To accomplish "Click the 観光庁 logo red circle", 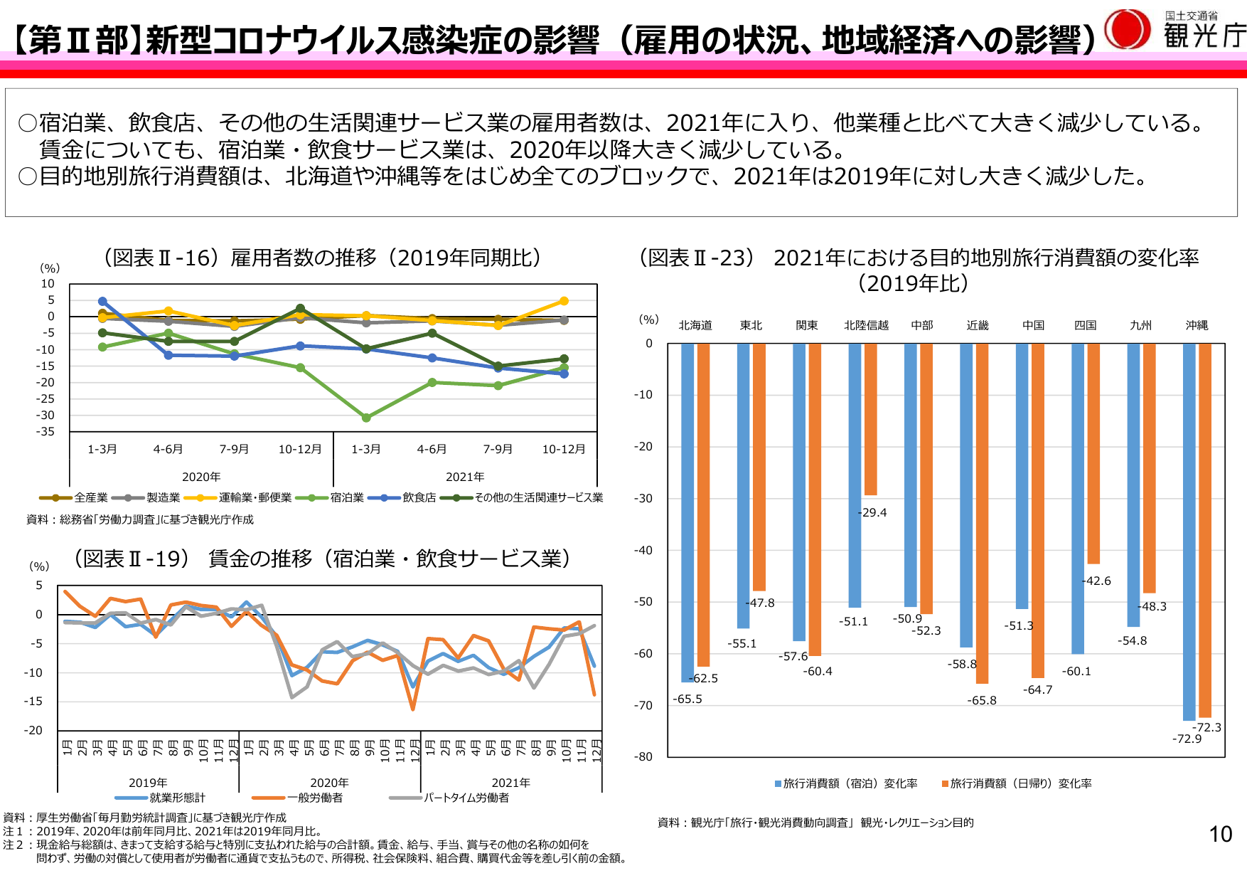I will click(1127, 29).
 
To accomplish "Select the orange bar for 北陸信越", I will click(870, 420).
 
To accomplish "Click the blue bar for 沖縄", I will click(1189, 532).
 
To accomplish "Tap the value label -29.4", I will click(872, 512).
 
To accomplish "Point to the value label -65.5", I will click(687, 699).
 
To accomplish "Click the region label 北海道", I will click(695, 325).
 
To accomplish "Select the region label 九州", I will click(1140, 325).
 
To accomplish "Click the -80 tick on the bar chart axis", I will click(643, 756).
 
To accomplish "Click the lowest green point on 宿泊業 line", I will click(366, 418).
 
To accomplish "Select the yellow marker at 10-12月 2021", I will click(564, 301).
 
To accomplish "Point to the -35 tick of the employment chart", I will click(46, 431).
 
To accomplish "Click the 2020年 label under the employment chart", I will click(201, 477).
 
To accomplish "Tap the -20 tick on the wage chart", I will click(33, 730).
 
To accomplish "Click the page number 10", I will click(1220, 834).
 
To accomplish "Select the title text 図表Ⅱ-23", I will click(697, 258).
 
